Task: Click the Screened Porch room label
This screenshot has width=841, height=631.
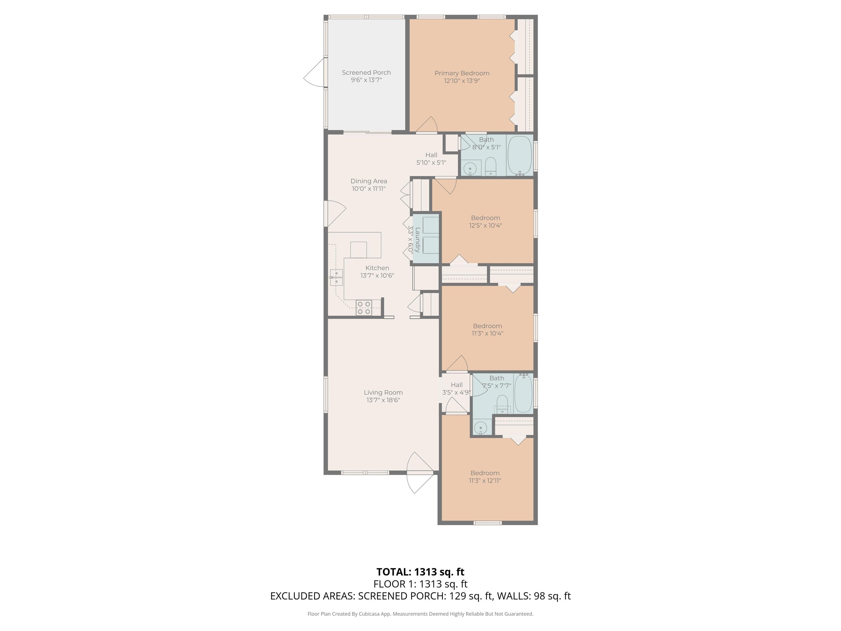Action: coord(366,73)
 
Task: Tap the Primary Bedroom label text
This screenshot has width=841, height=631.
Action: coord(462,73)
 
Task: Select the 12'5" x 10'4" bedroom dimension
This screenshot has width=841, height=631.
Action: coord(485,225)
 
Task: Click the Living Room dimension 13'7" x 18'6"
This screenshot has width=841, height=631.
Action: coord(383,400)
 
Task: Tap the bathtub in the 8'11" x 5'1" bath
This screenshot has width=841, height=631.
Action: coord(520,155)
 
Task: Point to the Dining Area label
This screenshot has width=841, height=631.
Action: coord(369,181)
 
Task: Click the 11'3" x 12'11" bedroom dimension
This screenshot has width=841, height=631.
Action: coord(485,480)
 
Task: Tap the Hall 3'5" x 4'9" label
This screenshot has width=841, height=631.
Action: coord(457,389)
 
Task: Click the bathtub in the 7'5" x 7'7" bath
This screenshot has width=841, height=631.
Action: coord(523,394)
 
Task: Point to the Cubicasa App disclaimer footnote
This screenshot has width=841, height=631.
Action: coord(420,614)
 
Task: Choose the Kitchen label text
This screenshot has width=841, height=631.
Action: coord(377,268)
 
